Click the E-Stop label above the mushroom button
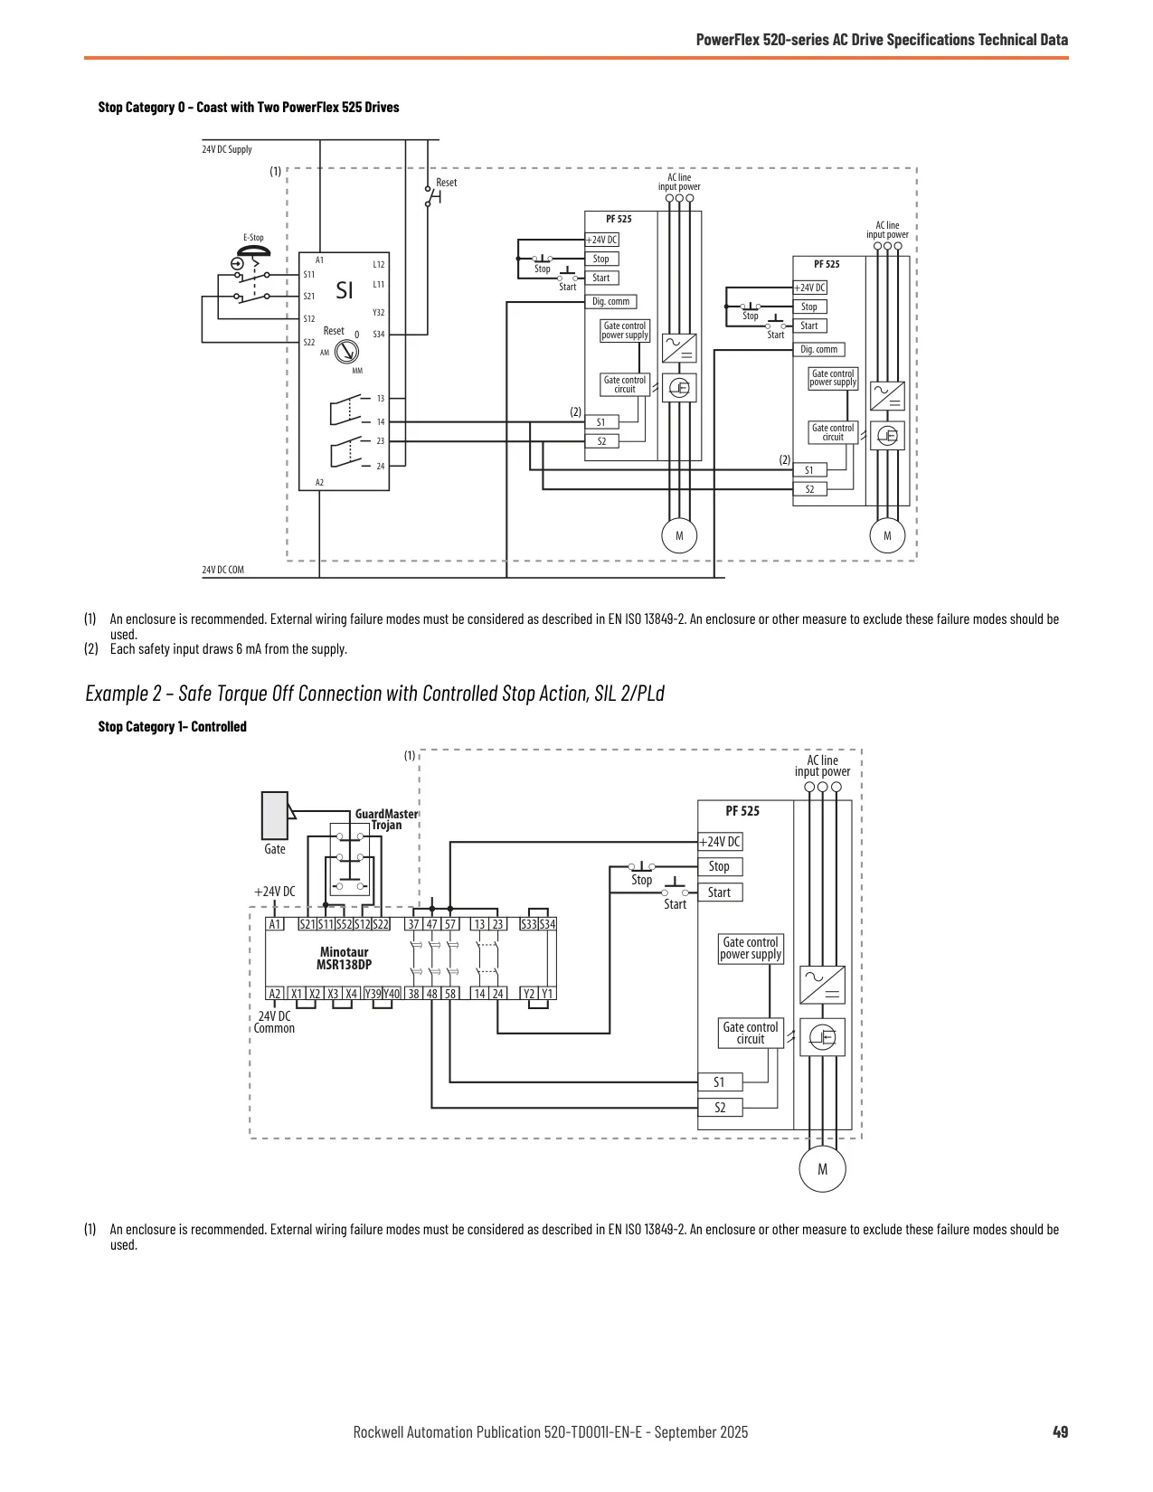coord(253,238)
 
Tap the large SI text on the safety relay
coord(344,290)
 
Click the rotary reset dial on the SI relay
coord(346,353)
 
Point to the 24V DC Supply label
coord(227,149)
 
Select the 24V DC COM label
coord(222,569)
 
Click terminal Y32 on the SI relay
coord(378,312)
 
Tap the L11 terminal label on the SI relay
coord(378,284)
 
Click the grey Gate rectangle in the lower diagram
coord(275,816)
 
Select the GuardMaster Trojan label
coord(386,819)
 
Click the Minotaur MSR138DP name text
coord(344,958)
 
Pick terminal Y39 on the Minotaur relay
coord(373,994)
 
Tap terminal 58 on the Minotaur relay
coord(449,994)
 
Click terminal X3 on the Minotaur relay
coord(333,994)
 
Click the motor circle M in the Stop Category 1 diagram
coord(822,1168)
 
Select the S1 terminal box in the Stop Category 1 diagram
coord(720,1082)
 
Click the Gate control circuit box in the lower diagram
coord(751,1033)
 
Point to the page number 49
coord(1060,1431)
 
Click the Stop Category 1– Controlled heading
coord(173,726)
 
